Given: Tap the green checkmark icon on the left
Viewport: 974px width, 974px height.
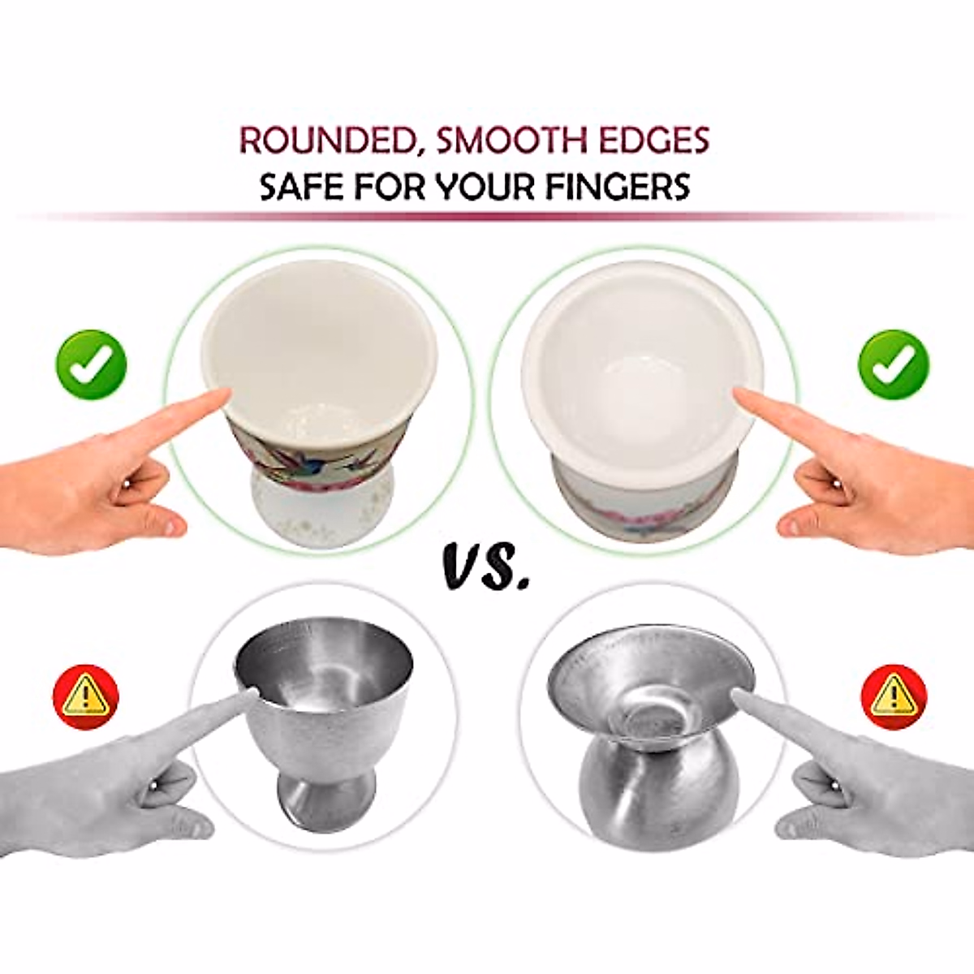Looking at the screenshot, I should coord(92,366).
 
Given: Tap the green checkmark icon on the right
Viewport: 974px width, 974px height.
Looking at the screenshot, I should coord(894,366).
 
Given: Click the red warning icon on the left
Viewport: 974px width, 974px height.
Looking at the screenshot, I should coord(85,696).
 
